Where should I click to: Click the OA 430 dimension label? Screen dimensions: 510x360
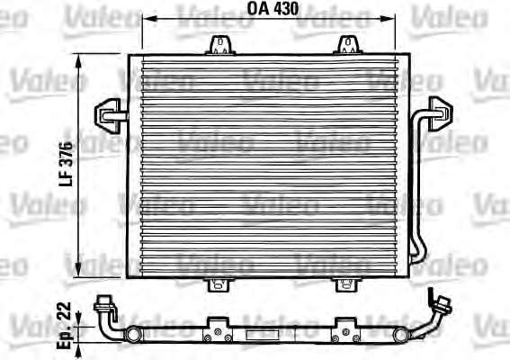point(273,9)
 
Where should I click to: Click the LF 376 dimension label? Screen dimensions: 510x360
point(66,164)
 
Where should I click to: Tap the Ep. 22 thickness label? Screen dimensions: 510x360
point(64,325)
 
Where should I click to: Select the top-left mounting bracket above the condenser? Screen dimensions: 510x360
point(220,45)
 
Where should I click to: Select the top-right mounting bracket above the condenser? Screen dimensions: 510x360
point(348,45)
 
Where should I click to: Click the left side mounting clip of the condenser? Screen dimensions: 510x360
point(110,116)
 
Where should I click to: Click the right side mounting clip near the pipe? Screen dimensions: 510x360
point(441,113)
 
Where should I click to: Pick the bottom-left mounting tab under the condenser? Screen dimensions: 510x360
point(219,284)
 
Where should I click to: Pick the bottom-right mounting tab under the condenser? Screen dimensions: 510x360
point(346,284)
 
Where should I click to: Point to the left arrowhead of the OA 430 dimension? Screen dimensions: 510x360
point(149,19)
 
